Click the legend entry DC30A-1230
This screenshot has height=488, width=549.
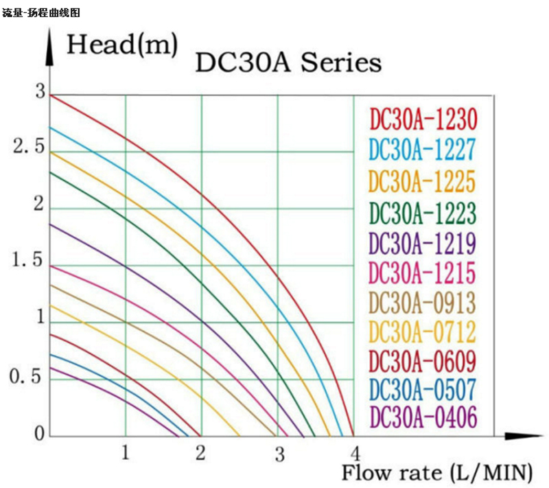point(422,119)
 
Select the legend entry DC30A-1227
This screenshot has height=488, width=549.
point(422,150)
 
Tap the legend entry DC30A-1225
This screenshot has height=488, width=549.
point(422,181)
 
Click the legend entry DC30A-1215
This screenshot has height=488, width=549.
point(422,272)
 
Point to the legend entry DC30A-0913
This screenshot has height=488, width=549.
point(422,303)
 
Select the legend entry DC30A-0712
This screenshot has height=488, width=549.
point(422,332)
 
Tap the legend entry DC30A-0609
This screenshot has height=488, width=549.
point(422,361)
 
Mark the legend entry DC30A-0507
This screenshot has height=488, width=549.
point(422,389)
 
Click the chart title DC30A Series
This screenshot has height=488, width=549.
point(288,63)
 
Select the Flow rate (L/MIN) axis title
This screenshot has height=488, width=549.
point(437,473)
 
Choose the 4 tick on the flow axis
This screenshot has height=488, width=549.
point(355,454)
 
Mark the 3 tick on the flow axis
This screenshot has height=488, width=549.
point(279,454)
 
